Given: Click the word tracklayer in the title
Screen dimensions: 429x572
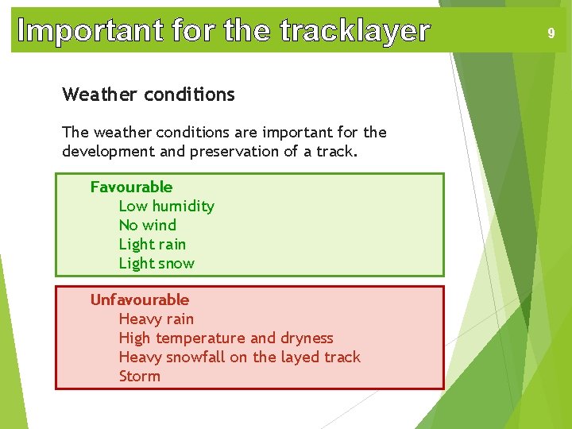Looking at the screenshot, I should tap(354, 31).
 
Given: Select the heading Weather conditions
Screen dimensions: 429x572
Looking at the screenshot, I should tap(149, 95).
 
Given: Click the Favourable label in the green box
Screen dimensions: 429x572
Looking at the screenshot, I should tap(131, 187).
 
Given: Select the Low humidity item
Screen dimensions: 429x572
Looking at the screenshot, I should tap(166, 206).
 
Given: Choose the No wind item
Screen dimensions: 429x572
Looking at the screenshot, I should tap(147, 225).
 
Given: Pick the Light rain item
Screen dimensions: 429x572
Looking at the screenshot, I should tap(152, 244).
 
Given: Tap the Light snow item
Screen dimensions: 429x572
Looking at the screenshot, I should tap(157, 263).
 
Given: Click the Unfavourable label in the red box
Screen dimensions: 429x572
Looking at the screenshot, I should tap(140, 300).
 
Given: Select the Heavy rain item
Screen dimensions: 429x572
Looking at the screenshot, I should tap(156, 319).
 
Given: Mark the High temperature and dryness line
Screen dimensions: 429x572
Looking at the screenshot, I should tap(226, 338).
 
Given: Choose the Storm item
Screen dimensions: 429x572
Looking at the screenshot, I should tap(139, 376).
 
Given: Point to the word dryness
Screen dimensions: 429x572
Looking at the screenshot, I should tap(305, 338).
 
